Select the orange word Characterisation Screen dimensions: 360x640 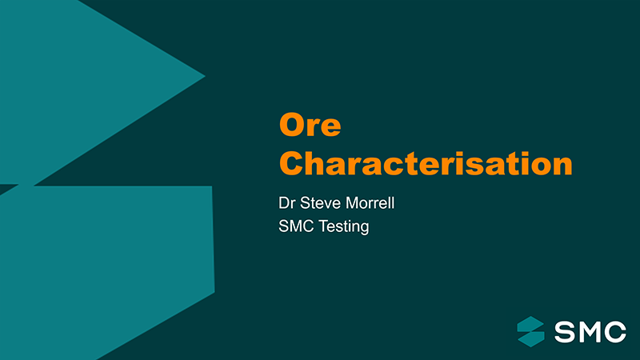coord(425,163)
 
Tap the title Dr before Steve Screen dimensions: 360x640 coord(287,203)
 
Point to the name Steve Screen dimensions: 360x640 coord(325,203)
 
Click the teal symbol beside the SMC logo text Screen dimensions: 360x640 coord(530,331)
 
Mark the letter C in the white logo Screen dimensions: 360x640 coord(616,331)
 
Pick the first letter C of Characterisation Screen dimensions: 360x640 coord(291,163)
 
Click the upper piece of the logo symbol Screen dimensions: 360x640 coord(530,324)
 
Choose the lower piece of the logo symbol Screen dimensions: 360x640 coord(531,338)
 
